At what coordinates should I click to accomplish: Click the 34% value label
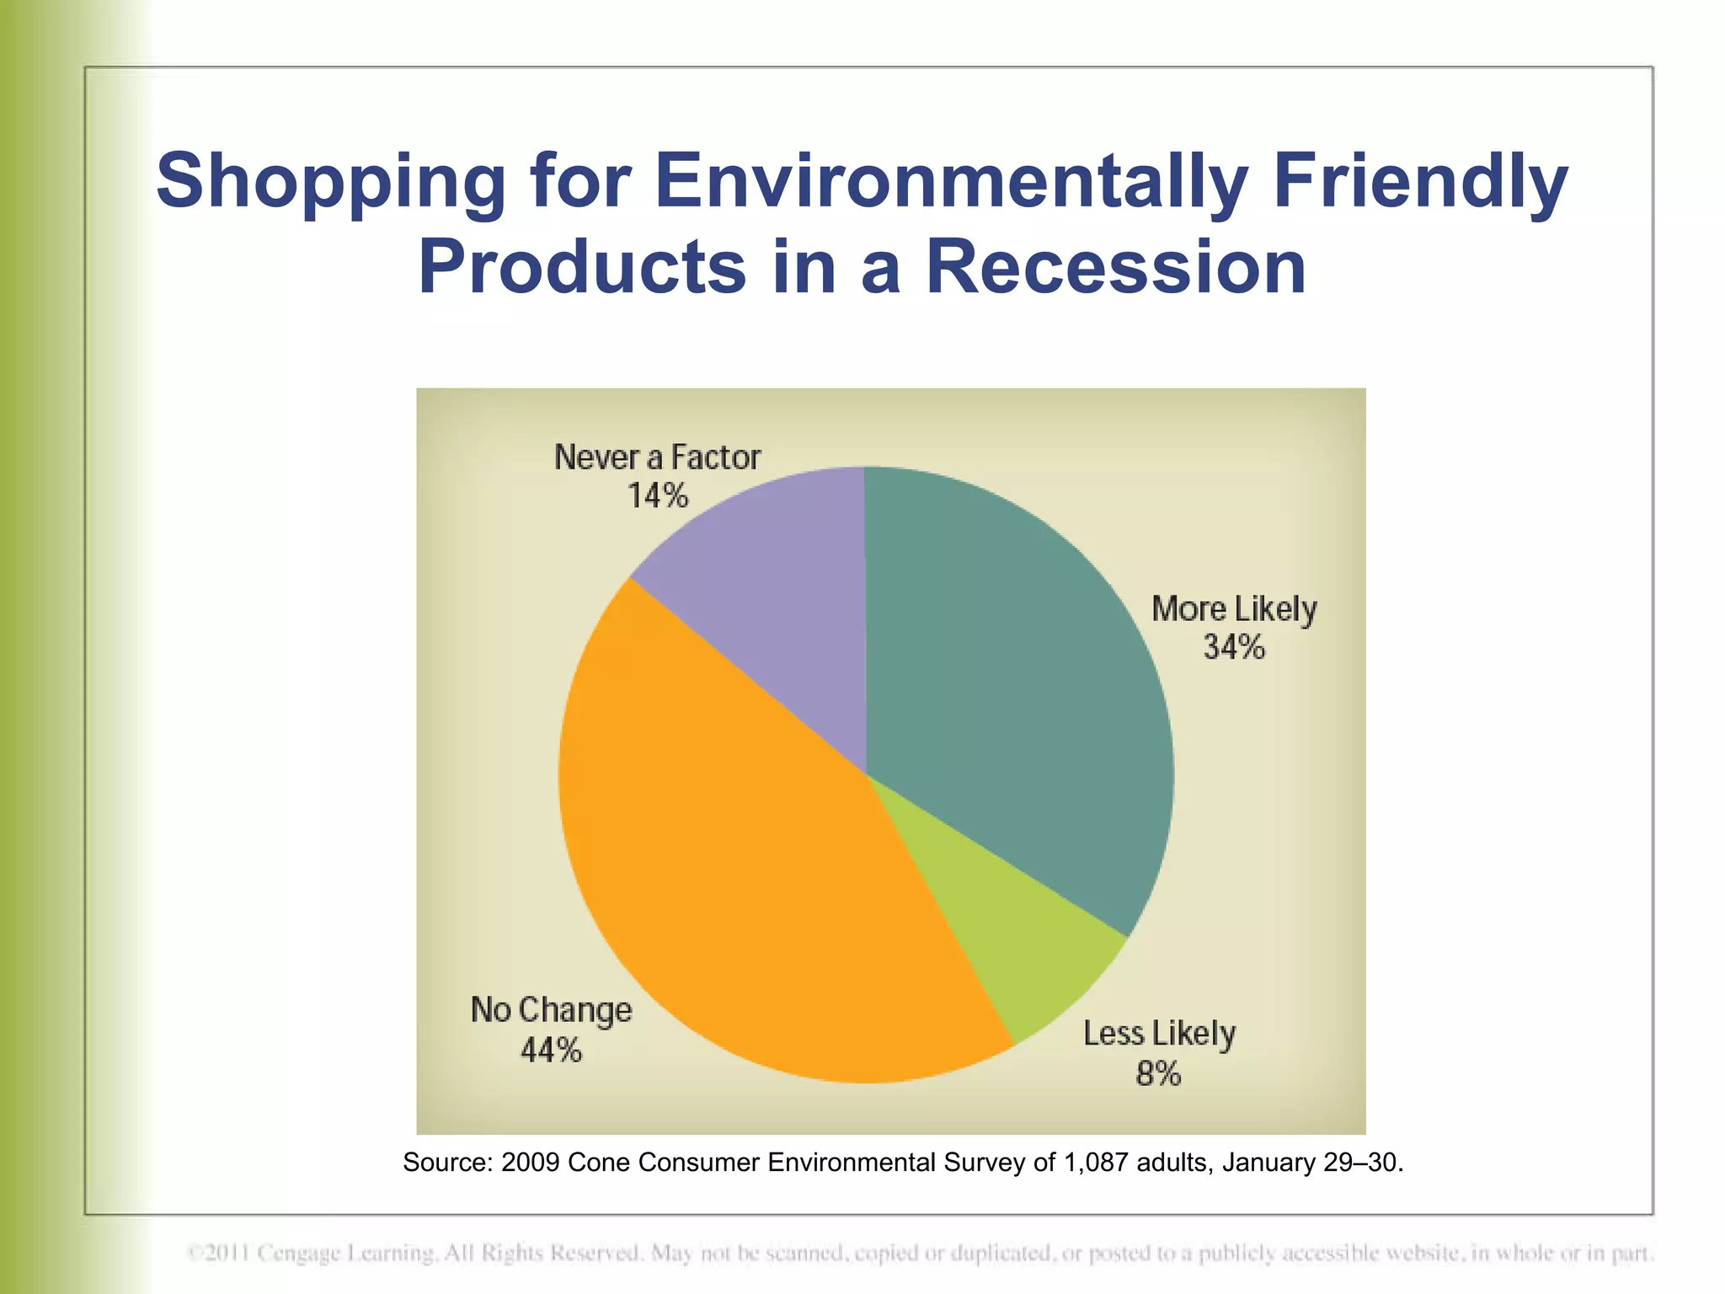tap(1233, 647)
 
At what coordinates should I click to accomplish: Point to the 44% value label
tap(551, 1050)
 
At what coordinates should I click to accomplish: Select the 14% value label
tap(657, 495)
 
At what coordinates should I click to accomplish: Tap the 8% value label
tap(1158, 1073)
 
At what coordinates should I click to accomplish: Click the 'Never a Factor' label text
tap(657, 457)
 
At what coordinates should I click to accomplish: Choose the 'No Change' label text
tap(551, 1009)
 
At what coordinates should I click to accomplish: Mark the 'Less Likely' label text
tap(1159, 1033)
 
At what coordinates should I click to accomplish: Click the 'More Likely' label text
tap(1234, 608)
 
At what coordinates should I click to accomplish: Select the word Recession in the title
tap(1116, 268)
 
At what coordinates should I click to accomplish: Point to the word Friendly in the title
tap(1420, 182)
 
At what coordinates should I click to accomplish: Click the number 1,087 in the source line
tap(1095, 1163)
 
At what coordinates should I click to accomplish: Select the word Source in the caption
tap(446, 1163)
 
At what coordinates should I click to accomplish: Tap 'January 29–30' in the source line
tap(1311, 1163)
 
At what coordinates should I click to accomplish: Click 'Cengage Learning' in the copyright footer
tap(345, 1253)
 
